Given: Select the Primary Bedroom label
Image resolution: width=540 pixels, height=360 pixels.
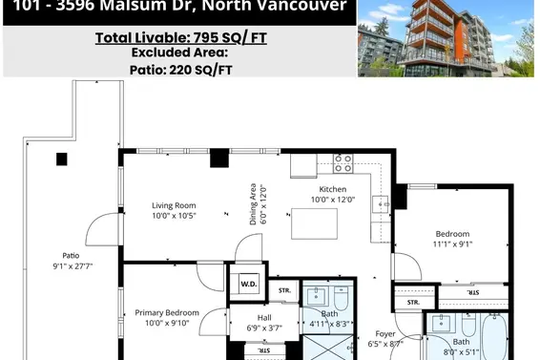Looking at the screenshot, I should [x=167, y=312].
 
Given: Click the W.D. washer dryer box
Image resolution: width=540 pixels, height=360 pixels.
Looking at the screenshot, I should [x=249, y=283].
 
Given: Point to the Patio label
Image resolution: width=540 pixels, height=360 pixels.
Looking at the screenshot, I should [x=71, y=255].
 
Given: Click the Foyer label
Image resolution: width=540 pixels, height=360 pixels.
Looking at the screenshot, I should [x=384, y=333].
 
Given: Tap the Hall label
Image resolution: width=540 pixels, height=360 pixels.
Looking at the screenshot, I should [x=265, y=318].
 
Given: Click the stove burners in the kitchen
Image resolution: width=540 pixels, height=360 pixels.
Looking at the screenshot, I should [x=343, y=162].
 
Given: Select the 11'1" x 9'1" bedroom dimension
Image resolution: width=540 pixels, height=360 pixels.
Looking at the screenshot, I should [x=452, y=244].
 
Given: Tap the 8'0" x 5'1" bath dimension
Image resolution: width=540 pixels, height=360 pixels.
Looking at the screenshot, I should [x=461, y=351].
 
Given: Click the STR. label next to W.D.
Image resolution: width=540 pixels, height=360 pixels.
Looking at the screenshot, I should [x=284, y=288].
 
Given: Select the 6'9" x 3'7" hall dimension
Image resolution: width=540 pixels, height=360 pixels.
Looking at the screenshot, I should [x=265, y=328].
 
